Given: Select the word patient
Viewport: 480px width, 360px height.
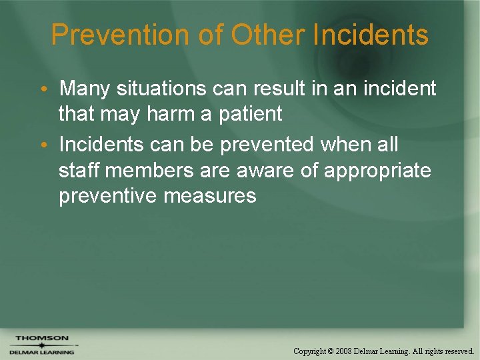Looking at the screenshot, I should pos(249,114).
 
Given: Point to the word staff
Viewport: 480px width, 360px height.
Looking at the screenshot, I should pos(79,170).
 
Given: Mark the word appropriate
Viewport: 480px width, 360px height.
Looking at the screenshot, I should pos(377,171).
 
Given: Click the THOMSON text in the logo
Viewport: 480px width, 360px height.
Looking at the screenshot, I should pos(41,338).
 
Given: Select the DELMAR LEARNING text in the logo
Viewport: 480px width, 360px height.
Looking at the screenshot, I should pos(41,352).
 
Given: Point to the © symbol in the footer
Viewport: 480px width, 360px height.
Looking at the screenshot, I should pos(331,351).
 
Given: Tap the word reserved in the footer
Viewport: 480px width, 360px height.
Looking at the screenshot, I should pos(457,351).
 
